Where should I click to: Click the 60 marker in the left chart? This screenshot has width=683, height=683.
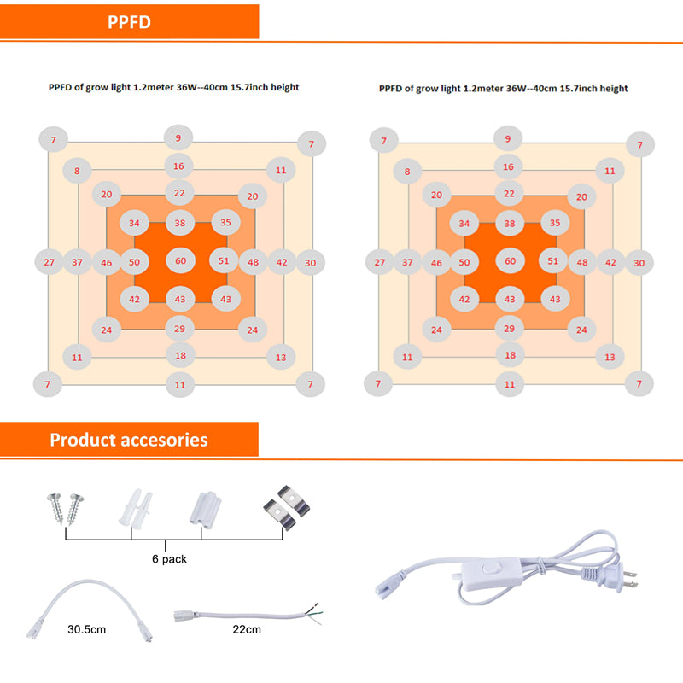coord(180,260)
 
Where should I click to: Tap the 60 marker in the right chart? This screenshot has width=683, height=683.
coord(510,261)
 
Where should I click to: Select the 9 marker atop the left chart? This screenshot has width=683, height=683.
coord(178,137)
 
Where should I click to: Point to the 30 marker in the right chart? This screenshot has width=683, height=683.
coord(639,263)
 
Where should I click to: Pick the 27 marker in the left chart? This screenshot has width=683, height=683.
coord(49,262)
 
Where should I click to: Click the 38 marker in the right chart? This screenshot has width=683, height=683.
coord(510,224)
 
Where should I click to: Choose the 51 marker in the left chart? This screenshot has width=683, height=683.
coord(224,260)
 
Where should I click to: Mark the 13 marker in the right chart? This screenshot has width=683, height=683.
coord(609,357)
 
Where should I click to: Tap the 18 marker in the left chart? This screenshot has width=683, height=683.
coord(180,355)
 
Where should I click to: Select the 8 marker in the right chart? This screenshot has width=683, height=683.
coord(407,172)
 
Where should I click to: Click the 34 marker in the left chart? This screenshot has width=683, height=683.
coord(135,223)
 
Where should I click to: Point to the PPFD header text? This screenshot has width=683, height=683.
coord(130,22)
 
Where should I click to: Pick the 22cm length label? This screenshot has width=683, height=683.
coord(246,630)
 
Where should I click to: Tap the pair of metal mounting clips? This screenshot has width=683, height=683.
coord(284,509)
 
